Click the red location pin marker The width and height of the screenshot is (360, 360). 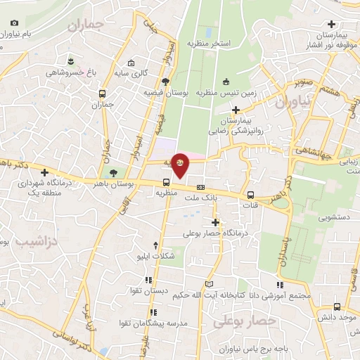click(181, 164)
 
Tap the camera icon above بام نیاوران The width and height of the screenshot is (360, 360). click(15, 23)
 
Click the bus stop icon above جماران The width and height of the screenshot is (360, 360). click(103, 94)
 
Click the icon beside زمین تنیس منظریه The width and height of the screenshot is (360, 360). click(226, 81)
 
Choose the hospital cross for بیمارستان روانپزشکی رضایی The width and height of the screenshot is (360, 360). click(236, 110)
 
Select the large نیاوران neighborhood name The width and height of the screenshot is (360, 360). click(292, 103)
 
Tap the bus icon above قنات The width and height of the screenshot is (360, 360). click(250, 195)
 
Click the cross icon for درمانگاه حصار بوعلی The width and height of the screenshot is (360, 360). click(216, 222)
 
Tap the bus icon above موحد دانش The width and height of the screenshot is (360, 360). click(337, 307)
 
